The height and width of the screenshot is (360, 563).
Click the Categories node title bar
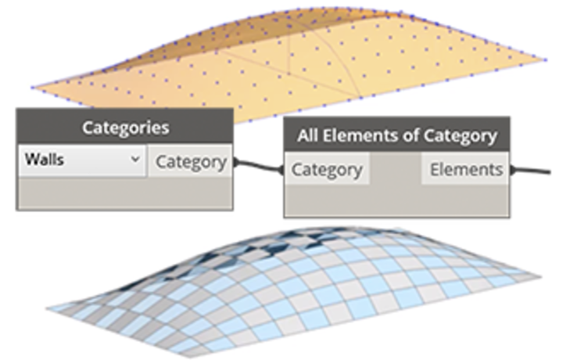coord(124,127)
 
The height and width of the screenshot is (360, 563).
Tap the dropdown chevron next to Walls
coord(134,160)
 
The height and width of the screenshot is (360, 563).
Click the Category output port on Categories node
coord(191,162)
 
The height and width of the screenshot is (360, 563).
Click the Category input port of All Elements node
coord(326,170)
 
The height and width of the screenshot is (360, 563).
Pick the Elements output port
coord(466,170)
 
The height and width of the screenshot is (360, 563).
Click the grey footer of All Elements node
coord(396,201)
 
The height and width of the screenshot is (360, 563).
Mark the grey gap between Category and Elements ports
coord(395,170)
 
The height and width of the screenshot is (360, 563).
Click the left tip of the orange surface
coord(33,86)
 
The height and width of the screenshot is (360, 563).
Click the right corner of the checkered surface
coord(538,276)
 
